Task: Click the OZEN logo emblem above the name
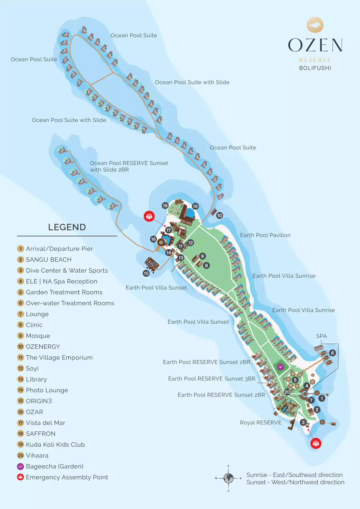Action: pos(315,25)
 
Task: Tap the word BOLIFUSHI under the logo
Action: pos(315,68)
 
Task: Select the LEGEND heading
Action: pos(67,227)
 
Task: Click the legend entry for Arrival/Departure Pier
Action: pos(59,249)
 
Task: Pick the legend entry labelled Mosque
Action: pos(38,336)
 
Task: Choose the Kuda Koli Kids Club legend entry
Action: pos(55,445)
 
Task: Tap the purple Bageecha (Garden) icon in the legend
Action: pos(20,466)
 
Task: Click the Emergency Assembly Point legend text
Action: pos(67,477)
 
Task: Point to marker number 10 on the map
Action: pos(220,215)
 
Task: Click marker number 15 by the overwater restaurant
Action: pos(146,273)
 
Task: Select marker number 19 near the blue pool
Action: pos(195,206)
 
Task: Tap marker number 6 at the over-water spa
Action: pos(332,353)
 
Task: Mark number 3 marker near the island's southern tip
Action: pos(303,422)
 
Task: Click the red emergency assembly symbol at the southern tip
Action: pos(316,443)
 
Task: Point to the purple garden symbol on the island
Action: pos(280,366)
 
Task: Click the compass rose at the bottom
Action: pos(229,478)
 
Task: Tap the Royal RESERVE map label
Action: pos(261,423)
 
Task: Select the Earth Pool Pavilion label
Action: pos(265,235)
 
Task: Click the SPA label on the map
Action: pos(321,336)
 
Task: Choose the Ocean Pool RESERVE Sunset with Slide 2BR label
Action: pos(129,166)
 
